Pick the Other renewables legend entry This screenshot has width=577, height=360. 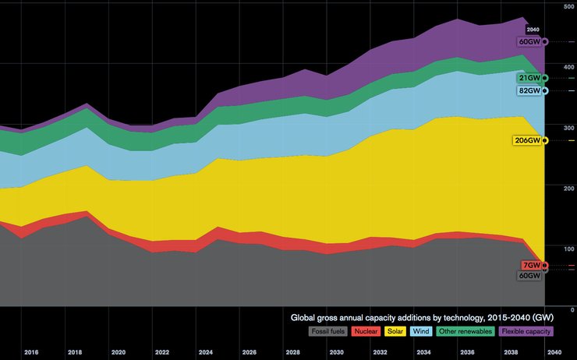(465, 331)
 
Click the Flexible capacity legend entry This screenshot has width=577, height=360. (526, 331)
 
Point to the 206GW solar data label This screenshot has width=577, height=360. (528, 141)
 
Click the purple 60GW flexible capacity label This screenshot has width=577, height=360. (529, 42)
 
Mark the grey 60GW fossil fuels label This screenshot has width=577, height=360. (529, 276)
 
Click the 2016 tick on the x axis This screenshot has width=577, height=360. (31, 352)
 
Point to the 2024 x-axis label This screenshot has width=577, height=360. (206, 352)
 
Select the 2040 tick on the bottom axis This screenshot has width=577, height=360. (554, 352)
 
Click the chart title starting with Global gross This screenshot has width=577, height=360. (422, 318)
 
